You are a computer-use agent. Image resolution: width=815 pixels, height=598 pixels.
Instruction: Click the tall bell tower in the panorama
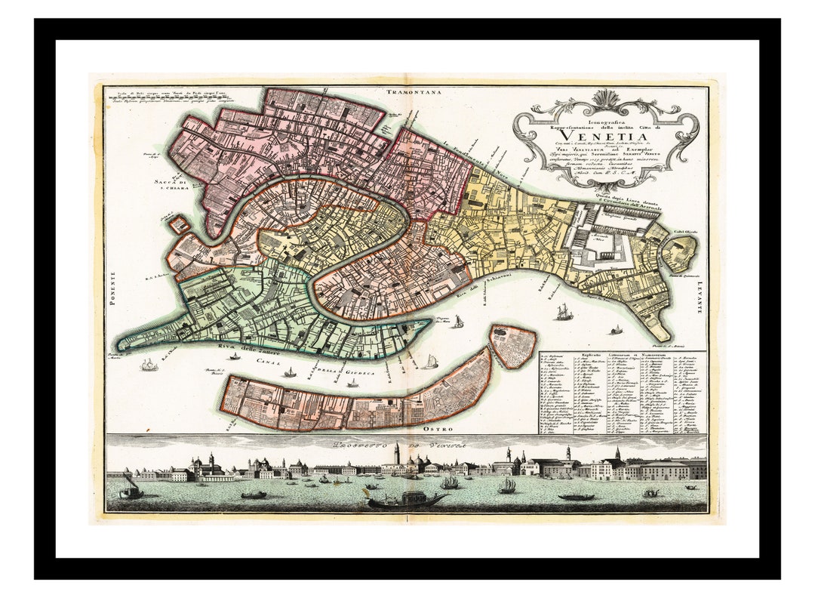[x=396, y=455]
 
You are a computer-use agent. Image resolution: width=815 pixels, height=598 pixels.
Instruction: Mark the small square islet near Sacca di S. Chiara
[x=179, y=224]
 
